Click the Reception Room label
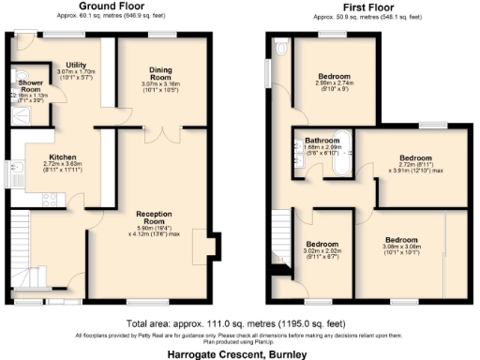[x=152, y=214]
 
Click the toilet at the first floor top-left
[x=281, y=47]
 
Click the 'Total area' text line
[x=239, y=322]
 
